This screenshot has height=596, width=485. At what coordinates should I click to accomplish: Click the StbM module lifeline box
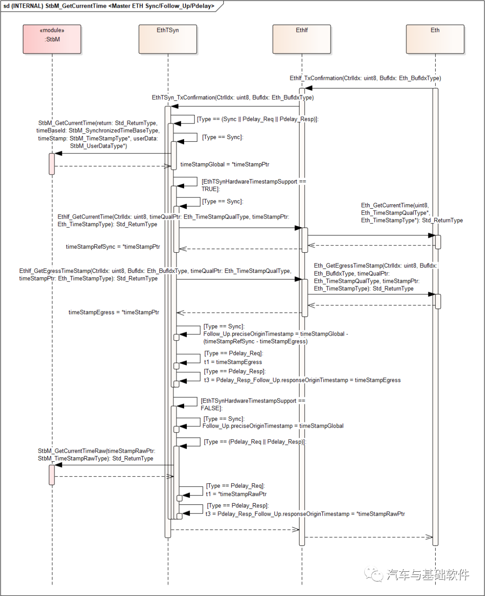pos(52,39)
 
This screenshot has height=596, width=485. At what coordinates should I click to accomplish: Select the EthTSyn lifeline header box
pos(168,39)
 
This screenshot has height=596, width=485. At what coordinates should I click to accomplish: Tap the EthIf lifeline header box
pos(302,39)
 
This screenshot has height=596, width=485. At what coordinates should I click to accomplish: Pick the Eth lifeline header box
pos(435,39)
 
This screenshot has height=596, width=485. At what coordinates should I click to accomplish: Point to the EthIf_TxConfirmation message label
pos(365,78)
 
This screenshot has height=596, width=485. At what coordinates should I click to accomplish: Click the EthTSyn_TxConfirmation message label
pos(233,97)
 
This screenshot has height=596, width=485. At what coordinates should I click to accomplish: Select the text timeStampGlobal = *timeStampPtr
pos(225,164)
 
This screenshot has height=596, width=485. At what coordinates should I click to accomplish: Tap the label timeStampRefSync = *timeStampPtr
pos(113,246)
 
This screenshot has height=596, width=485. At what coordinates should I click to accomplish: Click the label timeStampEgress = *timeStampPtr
pos(114,312)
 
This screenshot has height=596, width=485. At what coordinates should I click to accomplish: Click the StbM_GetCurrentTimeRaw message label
pos(96,454)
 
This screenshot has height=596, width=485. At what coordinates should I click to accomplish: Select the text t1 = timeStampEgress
pos(233,362)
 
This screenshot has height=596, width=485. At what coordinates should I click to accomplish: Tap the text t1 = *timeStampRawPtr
pos(236,494)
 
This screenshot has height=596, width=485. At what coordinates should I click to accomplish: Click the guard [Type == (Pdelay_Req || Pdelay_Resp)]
pos(255,442)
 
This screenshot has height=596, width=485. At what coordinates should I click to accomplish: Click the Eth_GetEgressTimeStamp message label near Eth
pos(375,277)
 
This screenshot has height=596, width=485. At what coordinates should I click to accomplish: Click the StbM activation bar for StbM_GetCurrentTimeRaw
pos(52,475)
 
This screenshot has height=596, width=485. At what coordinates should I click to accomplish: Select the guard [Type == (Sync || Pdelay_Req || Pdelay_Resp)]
pos(257,119)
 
